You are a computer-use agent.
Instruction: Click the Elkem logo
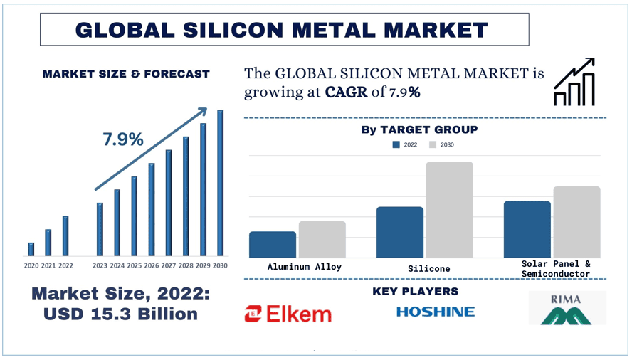[288, 313]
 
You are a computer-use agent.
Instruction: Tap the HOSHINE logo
[435, 312]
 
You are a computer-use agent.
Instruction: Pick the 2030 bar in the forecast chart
[221, 183]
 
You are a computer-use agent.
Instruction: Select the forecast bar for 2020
[31, 249]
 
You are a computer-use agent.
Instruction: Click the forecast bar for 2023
[100, 229]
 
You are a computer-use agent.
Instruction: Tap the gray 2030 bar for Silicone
[449, 210]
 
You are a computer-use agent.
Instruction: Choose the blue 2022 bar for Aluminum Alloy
[273, 244]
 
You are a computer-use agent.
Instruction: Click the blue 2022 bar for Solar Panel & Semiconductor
[527, 229]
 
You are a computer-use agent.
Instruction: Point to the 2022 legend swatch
[396, 144]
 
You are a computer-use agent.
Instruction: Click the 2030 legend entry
[441, 144]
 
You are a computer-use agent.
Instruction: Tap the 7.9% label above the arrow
[123, 139]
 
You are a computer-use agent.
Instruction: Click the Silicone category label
[429, 269]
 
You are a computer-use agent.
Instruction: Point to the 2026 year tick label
[152, 265]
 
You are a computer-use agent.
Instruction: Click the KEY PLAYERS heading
[415, 292]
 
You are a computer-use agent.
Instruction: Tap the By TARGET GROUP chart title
[419, 129]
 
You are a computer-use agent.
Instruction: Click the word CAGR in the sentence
[347, 92]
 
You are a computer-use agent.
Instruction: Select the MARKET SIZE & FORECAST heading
[126, 73]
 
